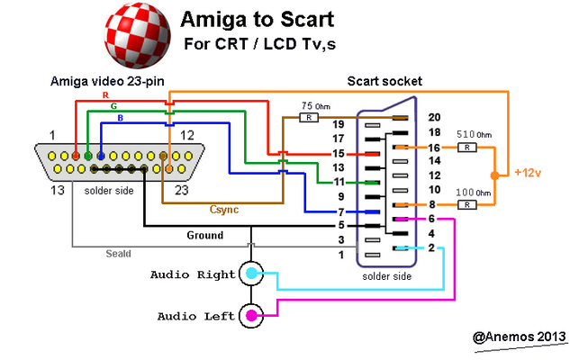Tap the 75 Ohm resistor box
click(310, 117)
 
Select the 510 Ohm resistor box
click(467, 147)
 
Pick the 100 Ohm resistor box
click(467, 205)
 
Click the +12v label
click(529, 172)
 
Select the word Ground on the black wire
click(204, 235)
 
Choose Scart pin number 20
click(435, 117)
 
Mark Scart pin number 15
click(339, 154)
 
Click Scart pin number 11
click(339, 182)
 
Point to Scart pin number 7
click(339, 211)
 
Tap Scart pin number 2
click(435, 247)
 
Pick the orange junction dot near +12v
click(494, 173)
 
